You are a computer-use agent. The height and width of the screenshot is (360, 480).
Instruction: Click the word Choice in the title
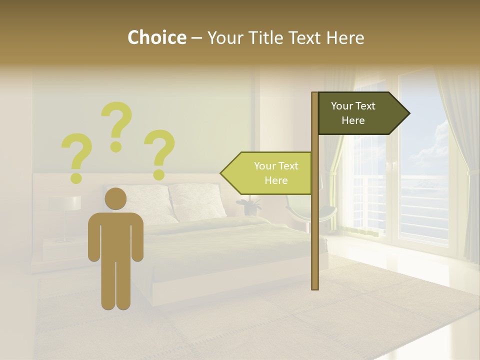coord(156,38)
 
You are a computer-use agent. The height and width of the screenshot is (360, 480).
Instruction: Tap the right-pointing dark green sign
coord(360,113)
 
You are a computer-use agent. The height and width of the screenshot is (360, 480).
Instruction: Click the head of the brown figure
coord(115,198)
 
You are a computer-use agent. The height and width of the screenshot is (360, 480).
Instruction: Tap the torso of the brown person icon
coord(116,235)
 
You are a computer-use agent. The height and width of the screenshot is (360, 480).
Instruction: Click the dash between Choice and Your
coord(196,38)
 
